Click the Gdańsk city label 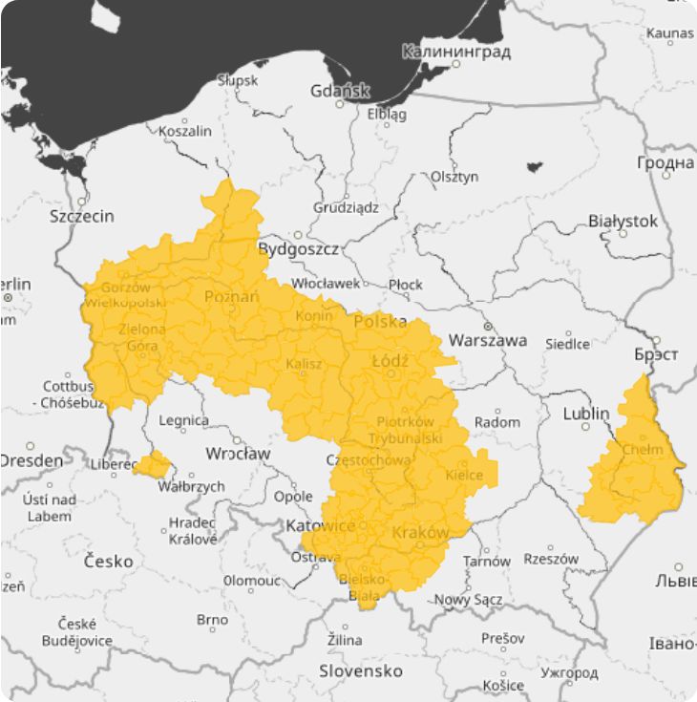point(340,92)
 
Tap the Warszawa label point(487,340)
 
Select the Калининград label point(456,51)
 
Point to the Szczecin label point(81,217)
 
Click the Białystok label point(623,221)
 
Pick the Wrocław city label point(238,453)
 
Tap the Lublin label point(585,414)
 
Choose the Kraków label point(420,532)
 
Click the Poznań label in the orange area point(231,297)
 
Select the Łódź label point(390,361)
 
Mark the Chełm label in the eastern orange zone point(641,450)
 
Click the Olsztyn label point(454,177)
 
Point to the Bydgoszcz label point(299,249)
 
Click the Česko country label point(108,561)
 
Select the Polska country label point(380,322)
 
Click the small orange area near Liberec point(153,465)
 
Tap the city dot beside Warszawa point(487,326)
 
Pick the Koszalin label point(185,131)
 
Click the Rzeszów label point(551,560)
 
